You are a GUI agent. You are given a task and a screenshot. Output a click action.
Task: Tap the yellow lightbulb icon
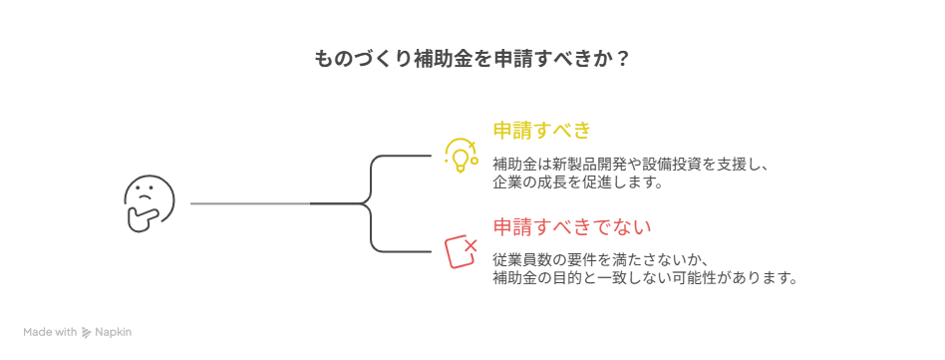pos(459,155)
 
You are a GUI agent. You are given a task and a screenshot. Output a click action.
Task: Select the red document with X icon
pos(459,250)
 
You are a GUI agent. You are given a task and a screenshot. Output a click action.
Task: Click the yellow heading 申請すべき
pos(542,131)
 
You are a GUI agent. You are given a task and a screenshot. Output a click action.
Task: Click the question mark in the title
pos(622,59)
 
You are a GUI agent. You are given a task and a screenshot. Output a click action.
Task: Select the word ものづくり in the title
pos(361,59)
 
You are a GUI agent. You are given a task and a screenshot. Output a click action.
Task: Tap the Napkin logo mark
pos(87,332)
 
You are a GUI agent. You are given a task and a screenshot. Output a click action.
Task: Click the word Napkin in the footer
pos(114,332)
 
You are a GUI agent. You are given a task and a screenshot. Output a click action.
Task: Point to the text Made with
pos(51,332)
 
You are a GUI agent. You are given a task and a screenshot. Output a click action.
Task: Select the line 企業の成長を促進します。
pos(577,182)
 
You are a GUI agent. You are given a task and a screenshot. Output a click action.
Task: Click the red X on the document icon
pos(470,242)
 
